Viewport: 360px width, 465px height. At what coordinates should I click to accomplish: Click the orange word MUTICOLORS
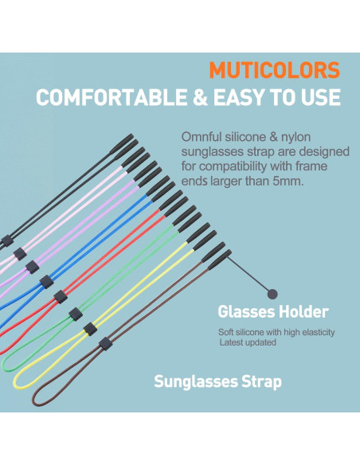click(274, 71)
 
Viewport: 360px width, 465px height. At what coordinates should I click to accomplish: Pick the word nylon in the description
click(324, 136)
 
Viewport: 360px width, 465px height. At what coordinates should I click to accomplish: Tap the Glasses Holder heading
click(272, 312)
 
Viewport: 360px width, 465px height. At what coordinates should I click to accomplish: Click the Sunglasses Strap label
click(217, 382)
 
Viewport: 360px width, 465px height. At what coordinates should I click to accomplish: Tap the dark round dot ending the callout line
click(272, 293)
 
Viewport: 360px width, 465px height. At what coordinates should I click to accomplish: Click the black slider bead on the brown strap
click(104, 344)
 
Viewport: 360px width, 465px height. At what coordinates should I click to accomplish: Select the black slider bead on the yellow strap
click(90, 329)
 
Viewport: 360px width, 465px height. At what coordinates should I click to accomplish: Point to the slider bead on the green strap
click(76, 313)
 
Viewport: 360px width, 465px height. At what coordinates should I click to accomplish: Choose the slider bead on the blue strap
click(45, 281)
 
